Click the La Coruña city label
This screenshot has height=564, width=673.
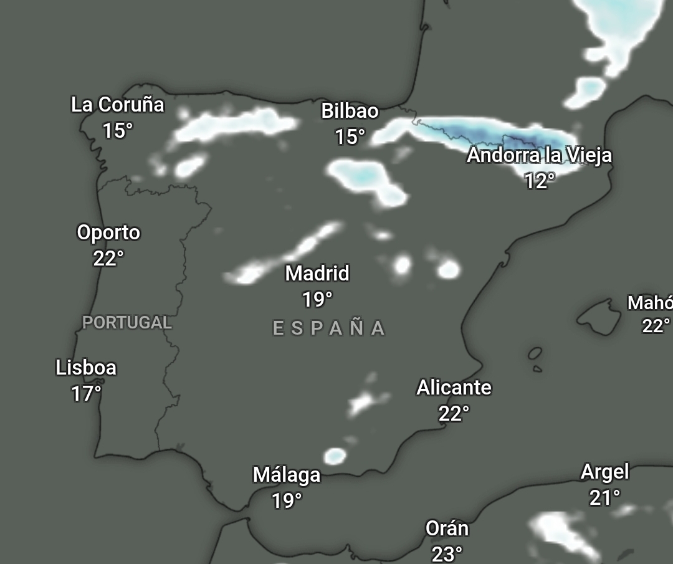tap(117, 105)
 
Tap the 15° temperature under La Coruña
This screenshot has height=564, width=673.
tap(117, 131)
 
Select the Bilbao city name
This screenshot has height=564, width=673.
tap(350, 111)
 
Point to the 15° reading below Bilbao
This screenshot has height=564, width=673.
tap(350, 137)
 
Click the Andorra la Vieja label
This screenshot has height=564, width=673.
tap(539, 155)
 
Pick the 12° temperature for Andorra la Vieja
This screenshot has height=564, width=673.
tap(539, 181)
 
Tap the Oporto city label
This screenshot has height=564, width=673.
tap(108, 232)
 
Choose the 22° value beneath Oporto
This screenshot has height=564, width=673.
tap(108, 258)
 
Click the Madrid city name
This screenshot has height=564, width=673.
tap(317, 273)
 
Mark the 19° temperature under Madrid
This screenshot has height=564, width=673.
tap(317, 300)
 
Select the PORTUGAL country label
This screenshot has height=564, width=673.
tap(127, 323)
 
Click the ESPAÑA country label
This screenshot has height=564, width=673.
tap(329, 328)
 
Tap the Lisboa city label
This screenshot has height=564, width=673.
tap(86, 368)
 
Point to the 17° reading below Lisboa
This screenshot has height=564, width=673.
tap(86, 394)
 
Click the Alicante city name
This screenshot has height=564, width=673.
tap(454, 388)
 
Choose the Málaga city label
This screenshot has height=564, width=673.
tap(287, 475)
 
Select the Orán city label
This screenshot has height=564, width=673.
tap(447, 528)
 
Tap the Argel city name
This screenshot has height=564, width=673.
tap(604, 472)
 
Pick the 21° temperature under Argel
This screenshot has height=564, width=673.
tap(604, 498)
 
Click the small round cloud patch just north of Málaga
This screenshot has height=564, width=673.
tap(335, 456)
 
